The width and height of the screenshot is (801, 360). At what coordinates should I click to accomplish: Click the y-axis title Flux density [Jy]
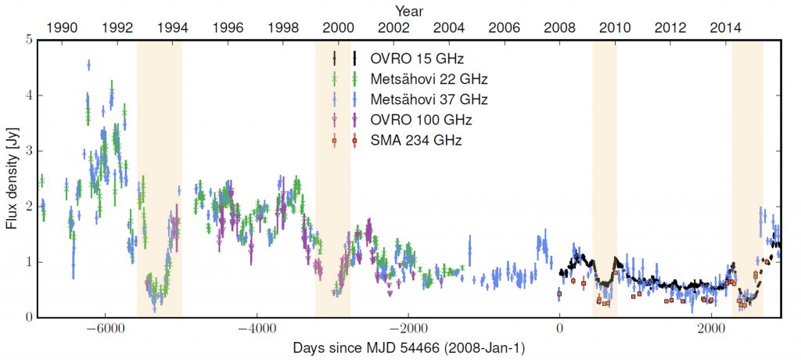click(x=12, y=178)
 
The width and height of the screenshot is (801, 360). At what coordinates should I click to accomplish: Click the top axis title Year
click(x=408, y=10)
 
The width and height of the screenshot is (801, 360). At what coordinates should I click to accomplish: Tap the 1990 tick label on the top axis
click(x=63, y=27)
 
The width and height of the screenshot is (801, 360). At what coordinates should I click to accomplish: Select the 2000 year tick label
click(x=339, y=27)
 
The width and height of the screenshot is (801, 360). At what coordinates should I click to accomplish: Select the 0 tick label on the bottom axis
click(x=559, y=329)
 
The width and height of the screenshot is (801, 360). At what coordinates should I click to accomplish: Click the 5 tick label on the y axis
click(x=29, y=39)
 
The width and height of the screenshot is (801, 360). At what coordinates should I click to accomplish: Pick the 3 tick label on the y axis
click(x=29, y=150)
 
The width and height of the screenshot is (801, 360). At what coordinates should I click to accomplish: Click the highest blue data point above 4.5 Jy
click(x=89, y=65)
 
